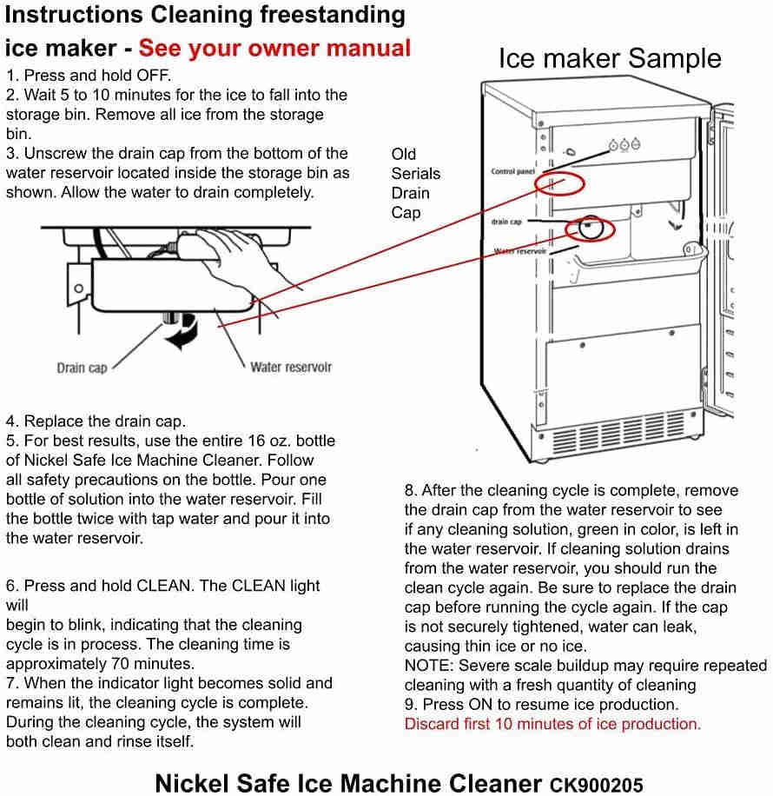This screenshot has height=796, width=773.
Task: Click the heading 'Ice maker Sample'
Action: pos(609,58)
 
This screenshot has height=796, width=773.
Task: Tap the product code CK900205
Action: pos(596,785)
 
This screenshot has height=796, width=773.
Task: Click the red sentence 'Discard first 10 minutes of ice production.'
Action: pos(552,723)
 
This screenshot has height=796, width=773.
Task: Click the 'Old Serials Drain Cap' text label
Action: pos(415,183)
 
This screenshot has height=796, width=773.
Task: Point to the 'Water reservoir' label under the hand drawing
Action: pos(291,367)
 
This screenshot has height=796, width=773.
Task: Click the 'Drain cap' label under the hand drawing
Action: pos(82,368)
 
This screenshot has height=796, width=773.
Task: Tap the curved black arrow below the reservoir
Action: pos(183,334)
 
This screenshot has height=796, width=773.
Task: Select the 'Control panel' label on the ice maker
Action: pos(512,172)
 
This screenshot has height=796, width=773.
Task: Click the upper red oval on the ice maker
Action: pos(558,183)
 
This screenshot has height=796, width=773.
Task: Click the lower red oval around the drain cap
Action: pos(590,229)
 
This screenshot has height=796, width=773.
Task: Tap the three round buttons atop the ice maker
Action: pos(625,145)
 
